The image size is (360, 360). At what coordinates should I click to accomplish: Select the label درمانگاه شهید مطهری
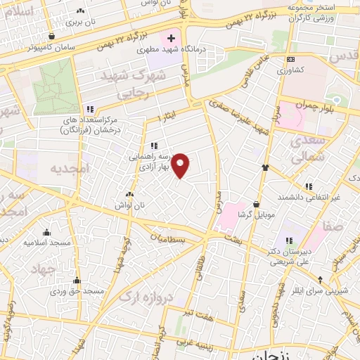tap(160, 51)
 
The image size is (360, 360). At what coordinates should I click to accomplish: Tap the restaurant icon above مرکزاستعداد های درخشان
tap(89, 109)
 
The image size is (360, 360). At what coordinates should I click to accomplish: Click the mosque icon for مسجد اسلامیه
tap(47, 233)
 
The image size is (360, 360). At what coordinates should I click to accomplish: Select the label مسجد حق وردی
tap(81, 290)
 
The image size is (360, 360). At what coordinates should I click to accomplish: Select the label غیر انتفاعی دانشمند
tap(309, 198)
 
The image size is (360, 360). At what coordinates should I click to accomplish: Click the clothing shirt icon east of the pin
tap(265, 167)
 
